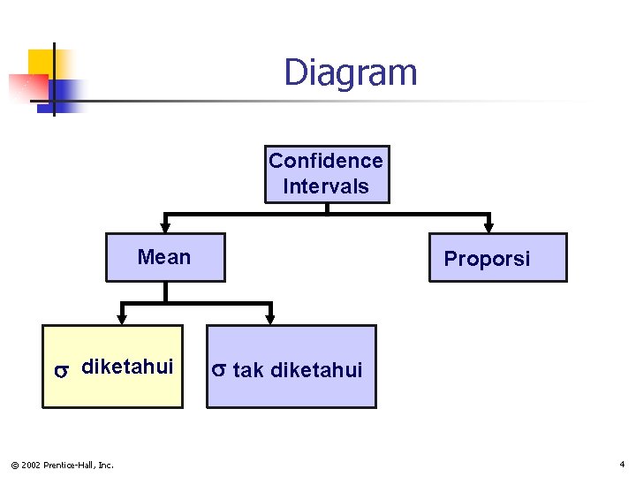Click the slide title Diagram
point(350,72)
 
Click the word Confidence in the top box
point(326,161)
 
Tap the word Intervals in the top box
point(326,186)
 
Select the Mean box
point(165,257)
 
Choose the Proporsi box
point(497,258)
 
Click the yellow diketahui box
point(112,367)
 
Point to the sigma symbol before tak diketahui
point(220,370)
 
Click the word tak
point(248,370)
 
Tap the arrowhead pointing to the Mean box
point(164,226)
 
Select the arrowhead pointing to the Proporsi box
point(490,226)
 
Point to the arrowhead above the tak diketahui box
point(270,317)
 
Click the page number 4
point(622,464)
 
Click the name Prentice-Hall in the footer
point(73,465)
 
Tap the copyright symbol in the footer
point(12,465)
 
